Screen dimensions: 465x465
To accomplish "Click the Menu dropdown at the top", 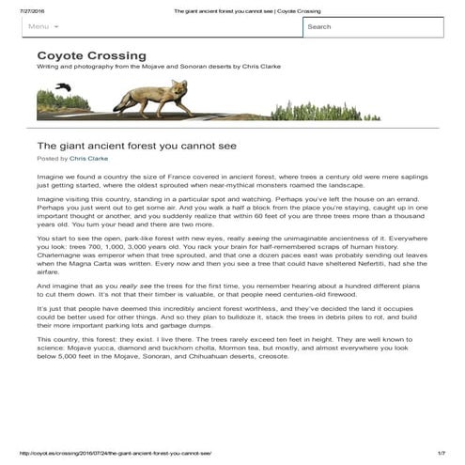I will tap(42, 26).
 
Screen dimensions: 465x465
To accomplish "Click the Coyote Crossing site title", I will tap(91, 55).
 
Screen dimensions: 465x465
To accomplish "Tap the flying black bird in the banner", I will tap(64, 87).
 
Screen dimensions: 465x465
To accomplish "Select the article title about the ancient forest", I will tap(136, 147).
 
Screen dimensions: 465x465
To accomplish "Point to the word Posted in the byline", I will tap(48, 160).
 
